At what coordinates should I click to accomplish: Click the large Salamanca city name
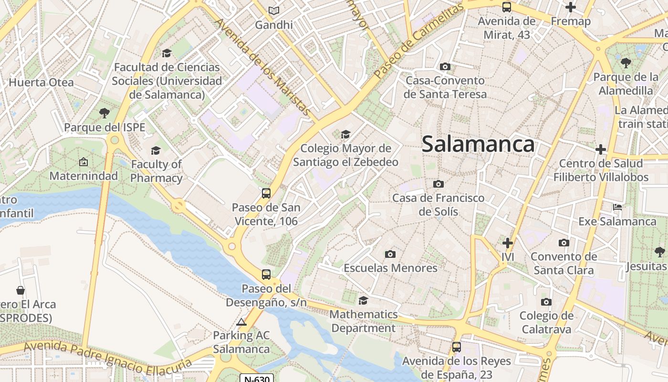click(x=478, y=144)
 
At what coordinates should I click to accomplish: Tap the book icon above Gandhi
click(x=273, y=11)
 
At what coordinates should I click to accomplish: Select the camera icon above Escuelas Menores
click(x=390, y=254)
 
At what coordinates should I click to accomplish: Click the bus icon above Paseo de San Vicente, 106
click(x=266, y=193)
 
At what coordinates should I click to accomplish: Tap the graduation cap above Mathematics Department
click(x=363, y=300)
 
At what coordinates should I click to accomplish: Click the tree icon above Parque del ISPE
click(x=104, y=113)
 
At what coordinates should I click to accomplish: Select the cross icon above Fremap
click(x=570, y=7)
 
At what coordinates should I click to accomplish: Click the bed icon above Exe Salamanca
click(x=617, y=207)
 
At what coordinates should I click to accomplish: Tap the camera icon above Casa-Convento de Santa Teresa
click(x=445, y=66)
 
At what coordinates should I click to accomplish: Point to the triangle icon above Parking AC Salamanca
click(x=241, y=322)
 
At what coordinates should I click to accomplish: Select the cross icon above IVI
click(x=508, y=243)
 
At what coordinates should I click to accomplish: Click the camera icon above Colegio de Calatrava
click(x=546, y=302)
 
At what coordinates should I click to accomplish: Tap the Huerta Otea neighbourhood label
click(x=41, y=82)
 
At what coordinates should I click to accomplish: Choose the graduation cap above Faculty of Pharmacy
click(x=156, y=151)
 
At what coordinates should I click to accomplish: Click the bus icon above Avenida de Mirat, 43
click(x=507, y=7)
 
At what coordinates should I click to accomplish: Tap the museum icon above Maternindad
click(x=83, y=162)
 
